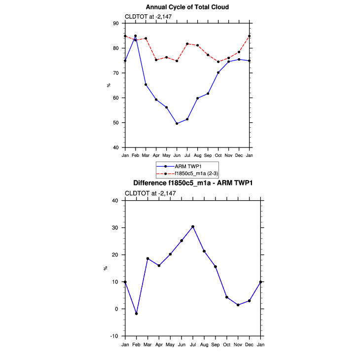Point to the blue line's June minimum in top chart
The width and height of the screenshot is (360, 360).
(x=177, y=123)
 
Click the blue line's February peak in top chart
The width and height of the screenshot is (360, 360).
(x=135, y=36)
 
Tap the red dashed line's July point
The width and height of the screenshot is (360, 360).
(x=187, y=44)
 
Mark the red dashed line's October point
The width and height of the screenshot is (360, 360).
(x=218, y=62)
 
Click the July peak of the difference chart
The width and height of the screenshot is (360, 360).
(x=193, y=227)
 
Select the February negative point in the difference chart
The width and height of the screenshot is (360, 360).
(x=136, y=314)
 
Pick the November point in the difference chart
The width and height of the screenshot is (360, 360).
(x=238, y=305)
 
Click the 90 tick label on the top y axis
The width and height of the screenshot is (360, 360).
(x=116, y=23)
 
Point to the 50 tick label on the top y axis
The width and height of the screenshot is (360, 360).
(x=116, y=123)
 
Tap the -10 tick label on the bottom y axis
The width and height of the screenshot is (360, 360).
(x=115, y=336)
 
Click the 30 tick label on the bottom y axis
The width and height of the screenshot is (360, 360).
(x=116, y=228)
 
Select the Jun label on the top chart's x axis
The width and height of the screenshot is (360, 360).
(x=177, y=155)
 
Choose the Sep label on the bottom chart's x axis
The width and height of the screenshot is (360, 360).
(x=216, y=344)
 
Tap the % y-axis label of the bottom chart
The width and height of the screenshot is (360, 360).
(x=105, y=268)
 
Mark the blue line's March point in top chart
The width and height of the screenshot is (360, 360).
(x=145, y=84)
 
